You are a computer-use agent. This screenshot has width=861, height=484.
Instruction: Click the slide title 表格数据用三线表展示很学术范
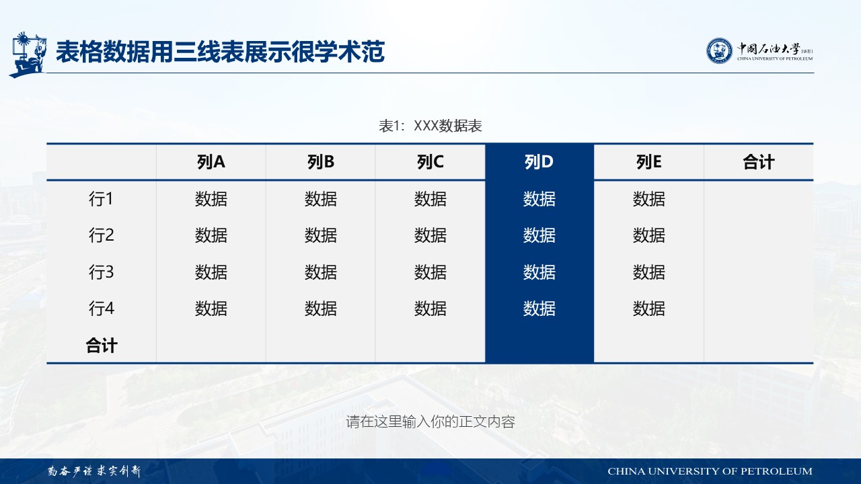[220, 52]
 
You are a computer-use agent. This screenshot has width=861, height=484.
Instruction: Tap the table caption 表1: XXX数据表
[430, 126]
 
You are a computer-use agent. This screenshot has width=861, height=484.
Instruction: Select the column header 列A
[211, 162]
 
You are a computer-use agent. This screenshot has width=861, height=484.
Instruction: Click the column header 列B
[321, 162]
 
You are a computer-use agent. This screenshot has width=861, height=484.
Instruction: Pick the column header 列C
[430, 162]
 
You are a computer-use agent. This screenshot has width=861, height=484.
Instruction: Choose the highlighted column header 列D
[539, 162]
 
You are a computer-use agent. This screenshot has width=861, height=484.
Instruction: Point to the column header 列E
[649, 162]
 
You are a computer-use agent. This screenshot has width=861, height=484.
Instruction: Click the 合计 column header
[758, 162]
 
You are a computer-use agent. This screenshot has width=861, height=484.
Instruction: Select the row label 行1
[101, 198]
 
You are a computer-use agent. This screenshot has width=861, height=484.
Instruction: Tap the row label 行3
[101, 272]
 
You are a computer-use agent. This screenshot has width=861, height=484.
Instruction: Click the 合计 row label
[101, 346]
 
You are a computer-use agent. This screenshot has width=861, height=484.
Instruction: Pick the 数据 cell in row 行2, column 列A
[211, 235]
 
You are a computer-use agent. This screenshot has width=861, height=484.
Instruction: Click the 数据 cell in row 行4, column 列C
[430, 309]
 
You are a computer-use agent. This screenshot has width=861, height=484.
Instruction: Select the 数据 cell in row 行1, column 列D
[539, 198]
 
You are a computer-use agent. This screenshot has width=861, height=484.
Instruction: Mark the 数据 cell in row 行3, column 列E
[649, 272]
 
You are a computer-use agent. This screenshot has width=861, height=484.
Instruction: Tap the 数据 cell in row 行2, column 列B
[321, 235]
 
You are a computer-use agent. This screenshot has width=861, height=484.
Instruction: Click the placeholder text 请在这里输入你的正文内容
[430, 421]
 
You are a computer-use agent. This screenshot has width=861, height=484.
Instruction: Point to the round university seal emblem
[719, 50]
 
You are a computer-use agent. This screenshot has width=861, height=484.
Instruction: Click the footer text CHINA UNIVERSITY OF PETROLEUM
[710, 471]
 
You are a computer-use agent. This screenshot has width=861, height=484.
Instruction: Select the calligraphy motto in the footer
[93, 471]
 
